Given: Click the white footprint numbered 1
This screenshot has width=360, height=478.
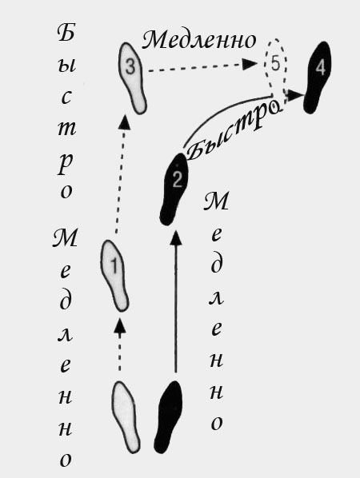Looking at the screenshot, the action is point(114,275).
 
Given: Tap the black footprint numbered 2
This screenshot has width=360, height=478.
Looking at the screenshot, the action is point(174,189).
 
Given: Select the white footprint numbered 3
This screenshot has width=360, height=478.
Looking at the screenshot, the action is point(132,78).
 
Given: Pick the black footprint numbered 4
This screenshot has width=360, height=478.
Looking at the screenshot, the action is point(318,78).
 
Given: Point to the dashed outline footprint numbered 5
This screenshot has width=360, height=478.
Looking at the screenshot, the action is point(276,74).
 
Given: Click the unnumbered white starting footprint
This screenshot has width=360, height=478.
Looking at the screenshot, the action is point(126,416).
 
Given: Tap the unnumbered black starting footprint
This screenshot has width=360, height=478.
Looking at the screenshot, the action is point(169,416).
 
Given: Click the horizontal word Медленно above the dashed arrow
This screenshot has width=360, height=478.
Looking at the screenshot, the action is point(199,40).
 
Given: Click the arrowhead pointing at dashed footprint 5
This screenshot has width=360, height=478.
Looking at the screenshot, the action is point(250,64).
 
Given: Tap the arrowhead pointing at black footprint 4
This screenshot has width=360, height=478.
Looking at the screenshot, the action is point(296,95).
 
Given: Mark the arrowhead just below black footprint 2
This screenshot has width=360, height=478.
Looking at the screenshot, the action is point(175,237).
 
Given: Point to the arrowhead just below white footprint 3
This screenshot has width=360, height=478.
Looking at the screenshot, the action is point(124,122).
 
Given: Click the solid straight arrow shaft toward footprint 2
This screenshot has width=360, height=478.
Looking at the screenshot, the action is point(175,309).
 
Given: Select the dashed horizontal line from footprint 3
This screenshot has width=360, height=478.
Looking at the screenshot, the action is point(195,68).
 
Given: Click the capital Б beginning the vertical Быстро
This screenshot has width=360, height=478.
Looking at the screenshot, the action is point(66,33).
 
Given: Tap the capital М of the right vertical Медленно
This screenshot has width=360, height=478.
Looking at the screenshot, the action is point(216,201).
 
